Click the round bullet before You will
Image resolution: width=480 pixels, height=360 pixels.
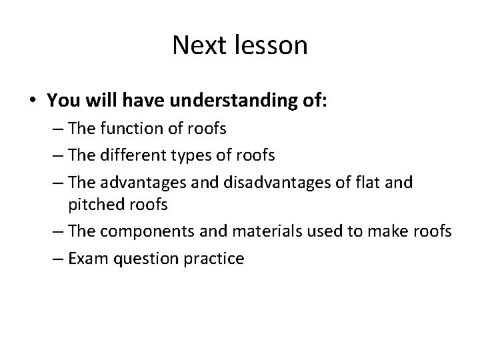pos(33,101)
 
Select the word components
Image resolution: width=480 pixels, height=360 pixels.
pos(147,231)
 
